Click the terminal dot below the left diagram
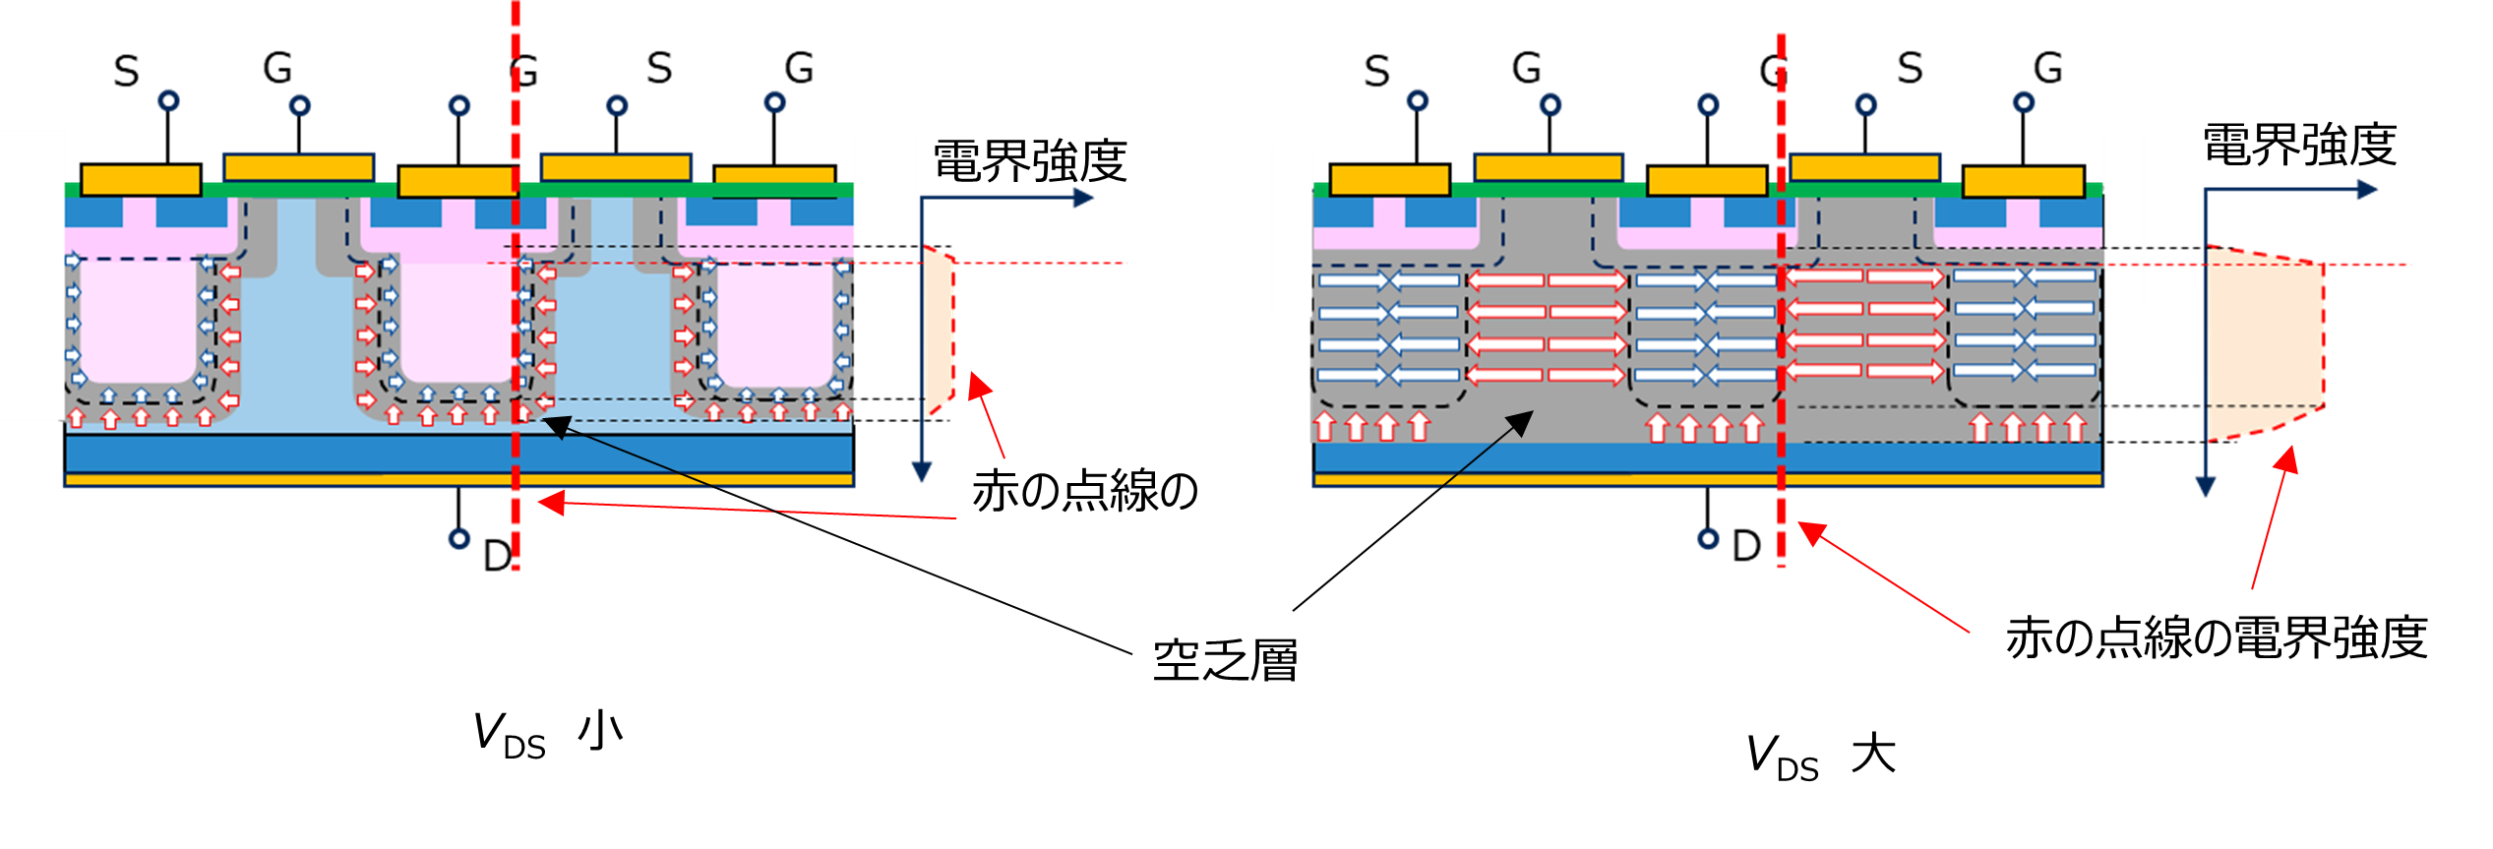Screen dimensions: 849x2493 click(x=459, y=538)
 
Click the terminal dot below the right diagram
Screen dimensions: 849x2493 click(x=1708, y=538)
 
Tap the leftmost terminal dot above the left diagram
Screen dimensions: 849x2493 click(x=169, y=100)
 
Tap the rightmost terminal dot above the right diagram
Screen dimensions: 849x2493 click(x=2024, y=102)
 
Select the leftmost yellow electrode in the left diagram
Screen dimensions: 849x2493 click(x=141, y=180)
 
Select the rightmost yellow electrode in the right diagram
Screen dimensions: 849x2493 click(x=2024, y=182)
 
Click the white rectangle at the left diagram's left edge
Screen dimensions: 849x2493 click(x=32, y=275)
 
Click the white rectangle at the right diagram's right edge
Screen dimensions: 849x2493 click(x=2124, y=219)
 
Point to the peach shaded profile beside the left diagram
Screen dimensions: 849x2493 click(x=941, y=330)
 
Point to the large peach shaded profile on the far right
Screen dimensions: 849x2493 click(x=2263, y=344)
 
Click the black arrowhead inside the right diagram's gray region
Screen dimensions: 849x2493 click(x=1523, y=421)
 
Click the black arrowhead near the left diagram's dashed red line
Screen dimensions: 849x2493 click(x=554, y=425)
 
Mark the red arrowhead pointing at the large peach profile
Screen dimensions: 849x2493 click(x=2289, y=458)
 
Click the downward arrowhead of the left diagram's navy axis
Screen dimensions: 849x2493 click(x=921, y=473)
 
